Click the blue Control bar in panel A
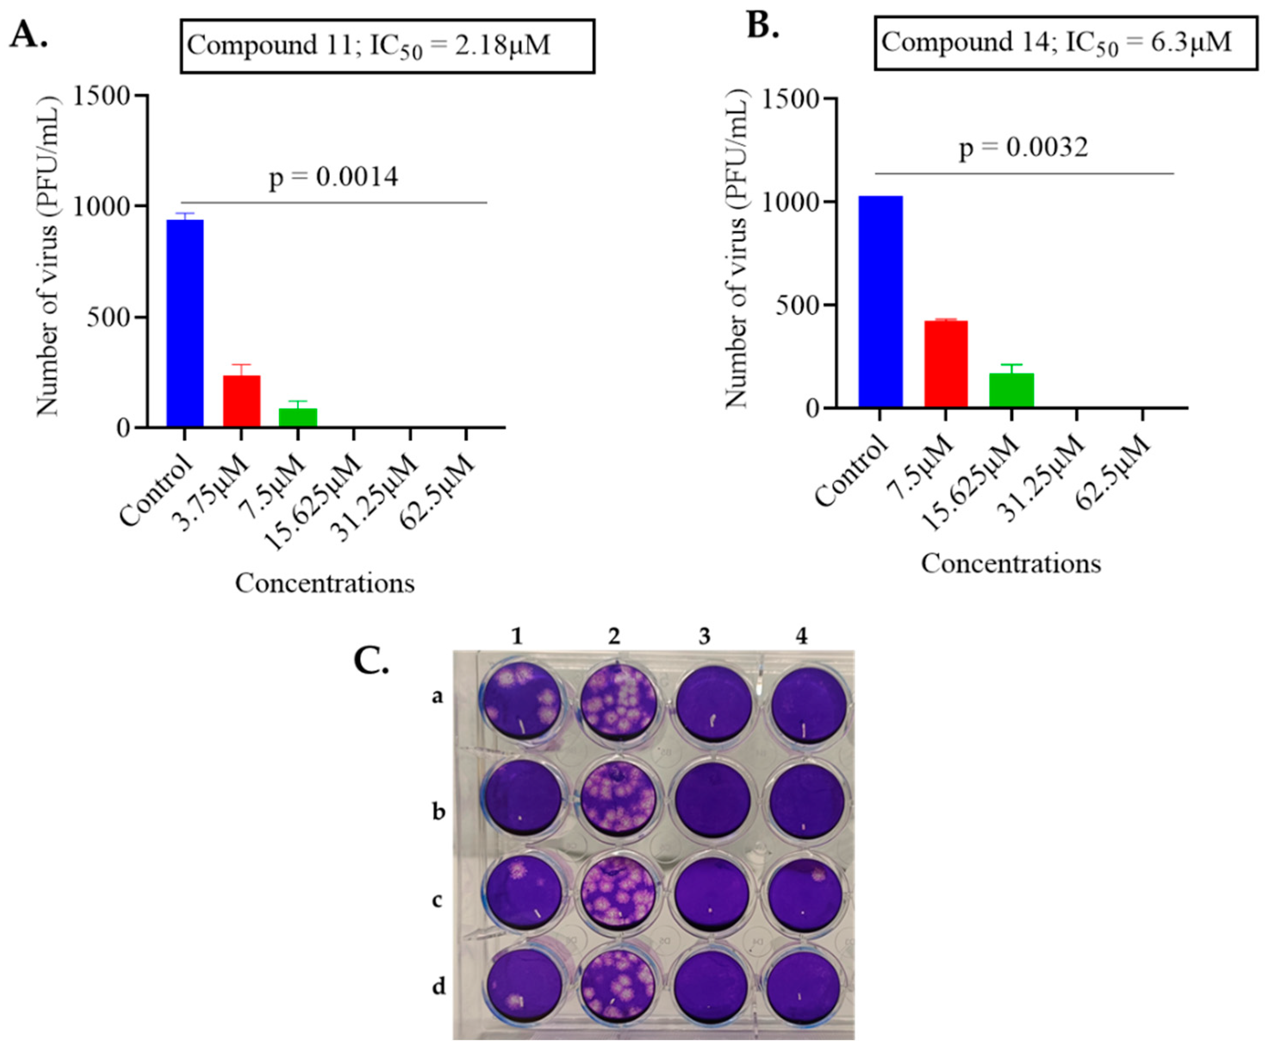point(185,323)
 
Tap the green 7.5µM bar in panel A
point(298,417)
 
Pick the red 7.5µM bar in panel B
point(946,364)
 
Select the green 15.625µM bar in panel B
point(1011,390)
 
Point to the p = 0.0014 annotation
point(333,177)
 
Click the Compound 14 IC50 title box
point(1065,43)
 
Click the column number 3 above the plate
point(704,636)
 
